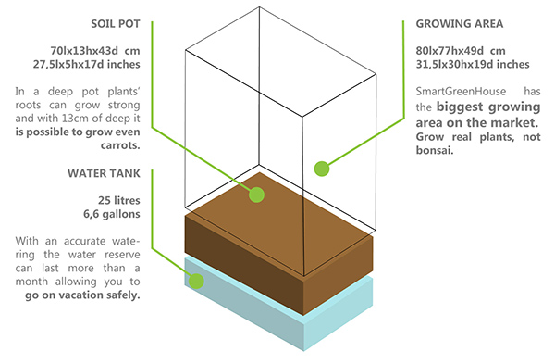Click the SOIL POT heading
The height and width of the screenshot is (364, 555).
click(116, 24)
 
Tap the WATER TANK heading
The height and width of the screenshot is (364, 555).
click(104, 173)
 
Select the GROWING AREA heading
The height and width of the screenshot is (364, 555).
click(460, 24)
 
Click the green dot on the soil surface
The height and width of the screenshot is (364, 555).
click(256, 195)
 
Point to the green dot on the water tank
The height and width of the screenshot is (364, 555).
click(196, 281)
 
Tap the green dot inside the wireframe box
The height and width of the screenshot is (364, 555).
click(322, 169)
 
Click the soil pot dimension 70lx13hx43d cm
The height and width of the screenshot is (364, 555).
click(95, 51)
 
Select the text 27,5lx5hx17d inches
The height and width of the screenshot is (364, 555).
click(87, 64)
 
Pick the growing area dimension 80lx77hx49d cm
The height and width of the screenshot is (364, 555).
click(461, 51)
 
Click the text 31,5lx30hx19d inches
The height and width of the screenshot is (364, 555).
click(473, 64)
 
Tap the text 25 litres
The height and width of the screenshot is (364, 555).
click(119, 200)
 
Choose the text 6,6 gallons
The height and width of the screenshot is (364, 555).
click(112, 214)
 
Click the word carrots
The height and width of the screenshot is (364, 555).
click(120, 145)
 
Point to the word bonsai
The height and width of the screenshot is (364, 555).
click(435, 150)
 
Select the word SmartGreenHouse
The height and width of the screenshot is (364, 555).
click(461, 92)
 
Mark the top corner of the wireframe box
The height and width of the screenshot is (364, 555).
click(259, 6)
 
